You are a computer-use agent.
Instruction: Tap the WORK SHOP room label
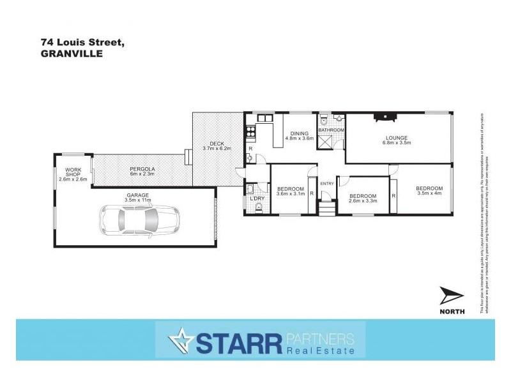tap(73, 170)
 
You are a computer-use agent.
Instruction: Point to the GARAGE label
tap(138, 195)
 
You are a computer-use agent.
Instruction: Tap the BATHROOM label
tap(332, 130)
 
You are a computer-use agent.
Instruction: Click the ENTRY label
tap(327, 184)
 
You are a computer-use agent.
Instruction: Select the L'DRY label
tap(257, 198)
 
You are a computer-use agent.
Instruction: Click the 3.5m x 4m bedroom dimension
tap(429, 195)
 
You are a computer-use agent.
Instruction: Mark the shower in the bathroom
tap(325, 141)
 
